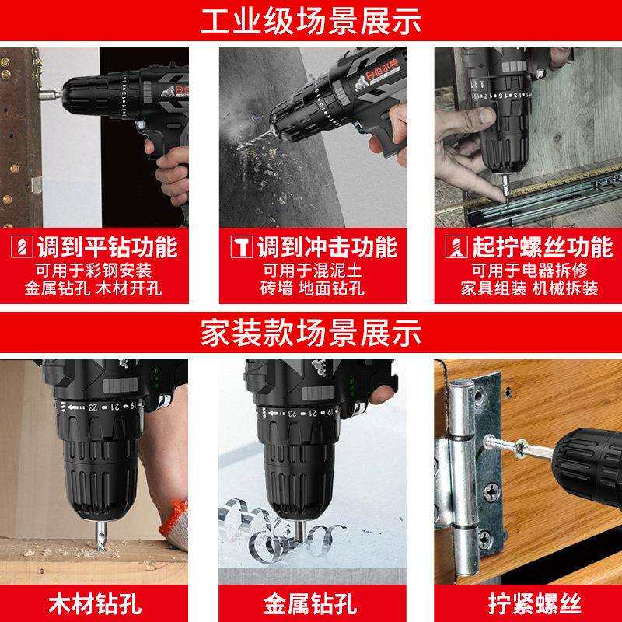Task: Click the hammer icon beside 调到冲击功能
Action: [242, 247]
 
